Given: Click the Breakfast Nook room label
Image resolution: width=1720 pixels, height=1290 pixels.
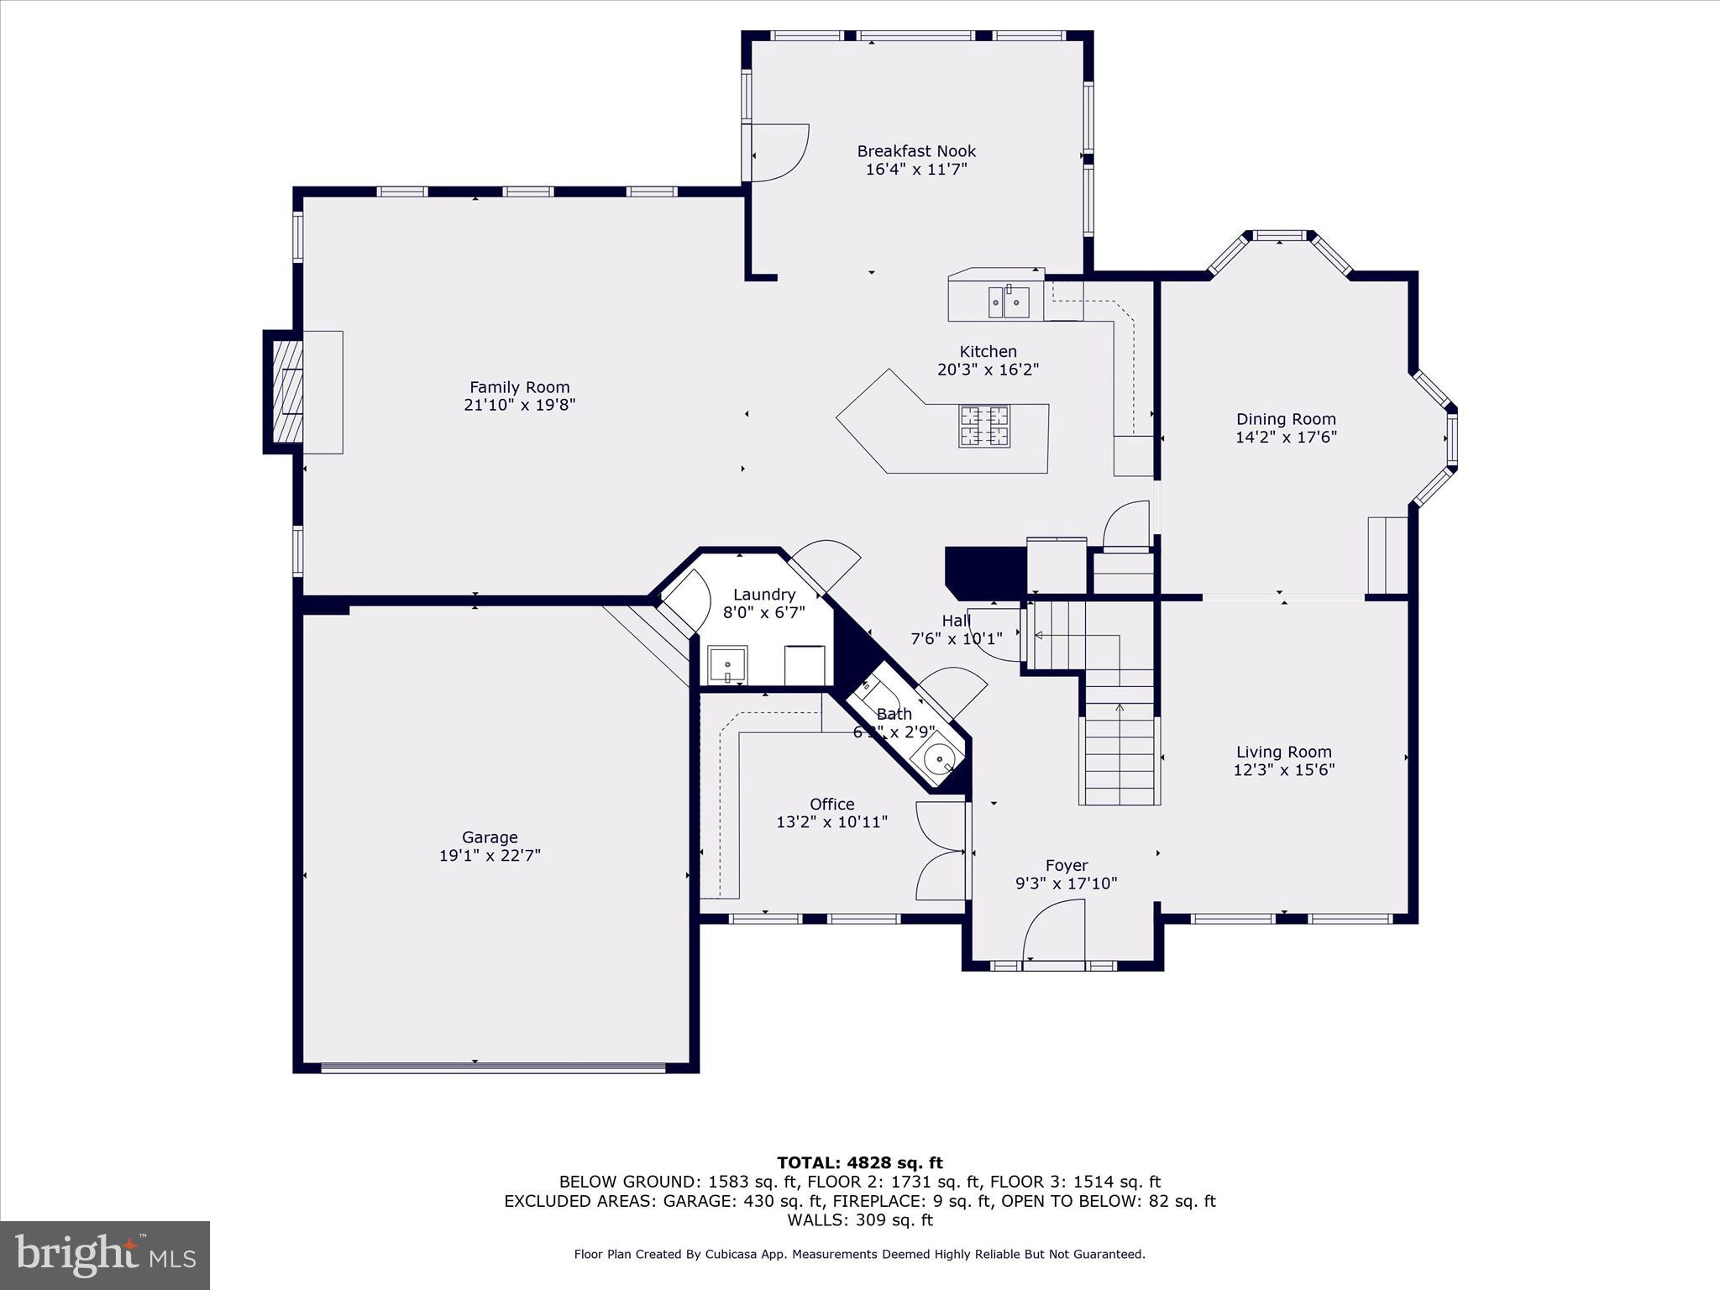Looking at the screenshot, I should pos(916,151).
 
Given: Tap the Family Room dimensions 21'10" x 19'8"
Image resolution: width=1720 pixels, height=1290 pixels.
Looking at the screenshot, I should pos(519,405).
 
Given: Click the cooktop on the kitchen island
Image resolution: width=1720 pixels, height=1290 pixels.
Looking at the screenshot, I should pos(984,426).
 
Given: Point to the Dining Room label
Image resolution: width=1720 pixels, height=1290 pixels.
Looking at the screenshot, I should pos(1285,419).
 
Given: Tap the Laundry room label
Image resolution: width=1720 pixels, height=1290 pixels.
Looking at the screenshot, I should pos(763,595).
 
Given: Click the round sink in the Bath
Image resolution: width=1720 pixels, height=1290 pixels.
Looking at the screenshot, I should pos(938,759).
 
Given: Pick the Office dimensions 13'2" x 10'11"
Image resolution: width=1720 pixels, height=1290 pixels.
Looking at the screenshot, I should pos(831,822).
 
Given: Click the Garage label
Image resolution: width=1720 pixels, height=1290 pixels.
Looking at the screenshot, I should pos(490,837).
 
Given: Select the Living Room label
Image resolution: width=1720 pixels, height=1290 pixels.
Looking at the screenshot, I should pos(1283,752).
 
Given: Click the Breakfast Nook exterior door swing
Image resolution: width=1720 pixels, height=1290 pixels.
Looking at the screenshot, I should pos(779,153).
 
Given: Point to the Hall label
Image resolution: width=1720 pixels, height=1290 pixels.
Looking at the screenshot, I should pos(956,621).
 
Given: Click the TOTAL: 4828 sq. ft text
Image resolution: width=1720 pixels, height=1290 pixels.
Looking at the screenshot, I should pos(859,1163).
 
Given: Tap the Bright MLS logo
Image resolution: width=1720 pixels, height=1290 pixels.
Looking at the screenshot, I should pos(105,1255).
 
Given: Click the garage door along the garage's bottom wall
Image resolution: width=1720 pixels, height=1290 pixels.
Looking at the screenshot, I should pos(493,1068).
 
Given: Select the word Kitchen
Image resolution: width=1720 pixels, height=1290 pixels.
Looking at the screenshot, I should pos(988,352).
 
